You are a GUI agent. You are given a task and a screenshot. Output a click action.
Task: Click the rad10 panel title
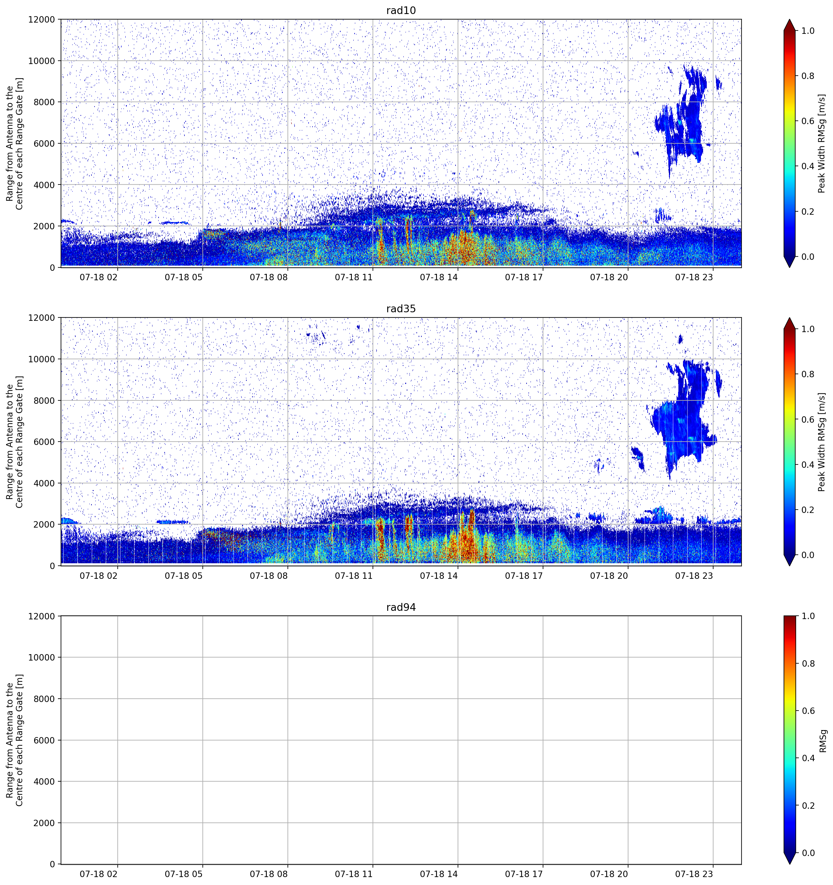point(401,10)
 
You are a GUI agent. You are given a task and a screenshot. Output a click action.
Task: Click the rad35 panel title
point(401,309)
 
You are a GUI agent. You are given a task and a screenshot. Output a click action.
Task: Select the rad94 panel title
point(401,607)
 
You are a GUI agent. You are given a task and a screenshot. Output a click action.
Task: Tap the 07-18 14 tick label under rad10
point(438,277)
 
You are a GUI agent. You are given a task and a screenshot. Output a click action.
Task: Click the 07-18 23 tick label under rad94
point(694,874)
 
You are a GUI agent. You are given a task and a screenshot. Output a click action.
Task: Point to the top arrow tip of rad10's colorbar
point(789,20)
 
